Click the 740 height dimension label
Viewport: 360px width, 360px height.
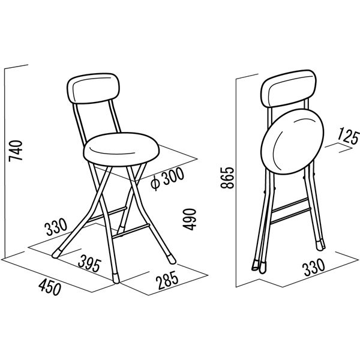16,151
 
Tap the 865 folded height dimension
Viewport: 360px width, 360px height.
227,178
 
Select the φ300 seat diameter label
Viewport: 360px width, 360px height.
167,178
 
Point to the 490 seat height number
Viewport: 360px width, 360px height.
190,219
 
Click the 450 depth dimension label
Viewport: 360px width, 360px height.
50,287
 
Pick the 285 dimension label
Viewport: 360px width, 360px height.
167,280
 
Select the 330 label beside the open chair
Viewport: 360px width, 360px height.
56,227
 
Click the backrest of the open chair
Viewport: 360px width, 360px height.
93,89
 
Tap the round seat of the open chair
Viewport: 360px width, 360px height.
121,149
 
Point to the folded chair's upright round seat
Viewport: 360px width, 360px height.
292,142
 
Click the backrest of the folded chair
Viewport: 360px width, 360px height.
289,88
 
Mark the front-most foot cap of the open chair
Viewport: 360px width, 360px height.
116,278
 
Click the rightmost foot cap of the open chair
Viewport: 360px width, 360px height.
172,259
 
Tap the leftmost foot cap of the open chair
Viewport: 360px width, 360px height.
57,253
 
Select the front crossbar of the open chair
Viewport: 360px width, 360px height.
132,230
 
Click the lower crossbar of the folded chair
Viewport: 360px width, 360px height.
290,215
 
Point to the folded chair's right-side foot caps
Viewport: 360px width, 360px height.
321,245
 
